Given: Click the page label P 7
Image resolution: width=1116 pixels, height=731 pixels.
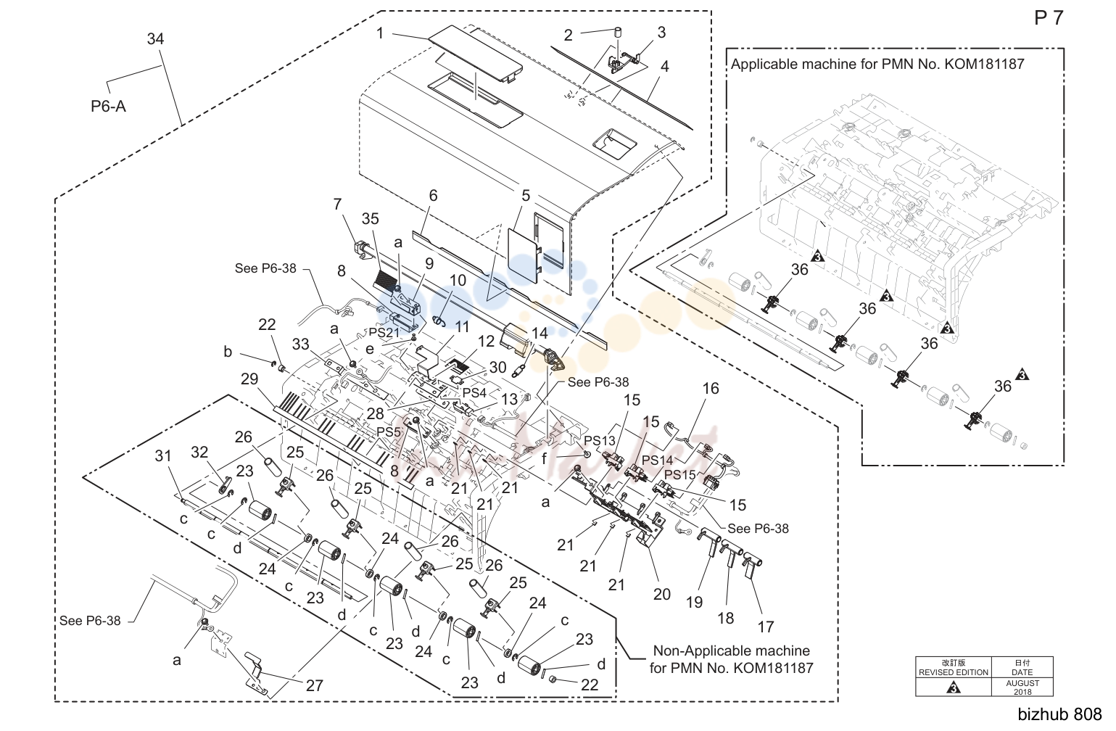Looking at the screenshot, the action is point(1049,18).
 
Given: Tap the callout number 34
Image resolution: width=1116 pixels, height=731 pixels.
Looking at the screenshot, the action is point(155,39).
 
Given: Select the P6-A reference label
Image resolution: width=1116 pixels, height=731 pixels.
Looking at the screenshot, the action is point(108,106).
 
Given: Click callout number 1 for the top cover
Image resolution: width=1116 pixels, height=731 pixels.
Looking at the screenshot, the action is point(380,33).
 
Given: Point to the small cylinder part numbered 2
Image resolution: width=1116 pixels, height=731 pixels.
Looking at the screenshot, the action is point(619,33).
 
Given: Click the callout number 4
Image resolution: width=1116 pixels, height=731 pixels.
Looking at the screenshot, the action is point(665,67).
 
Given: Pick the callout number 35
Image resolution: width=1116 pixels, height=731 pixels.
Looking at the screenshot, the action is point(370,219).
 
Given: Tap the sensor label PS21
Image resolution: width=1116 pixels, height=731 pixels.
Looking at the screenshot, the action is point(384,332).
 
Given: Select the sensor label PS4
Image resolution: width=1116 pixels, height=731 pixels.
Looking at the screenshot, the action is point(474,392).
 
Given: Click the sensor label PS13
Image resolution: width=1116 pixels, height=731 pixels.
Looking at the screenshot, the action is point(600,440).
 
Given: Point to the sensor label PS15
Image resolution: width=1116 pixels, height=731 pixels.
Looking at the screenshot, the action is point(680,474).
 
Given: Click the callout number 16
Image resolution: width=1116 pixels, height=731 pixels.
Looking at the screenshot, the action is point(711,389).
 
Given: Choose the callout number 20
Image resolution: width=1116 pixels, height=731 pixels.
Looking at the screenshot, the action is point(661,594).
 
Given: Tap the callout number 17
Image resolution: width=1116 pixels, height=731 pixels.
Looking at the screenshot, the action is point(766,627).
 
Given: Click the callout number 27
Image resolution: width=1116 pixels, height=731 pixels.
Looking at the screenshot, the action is point(315,685).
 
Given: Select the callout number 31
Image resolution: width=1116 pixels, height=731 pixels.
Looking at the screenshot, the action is point(163,456).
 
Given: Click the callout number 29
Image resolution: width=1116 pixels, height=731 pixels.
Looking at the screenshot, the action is point(249,379).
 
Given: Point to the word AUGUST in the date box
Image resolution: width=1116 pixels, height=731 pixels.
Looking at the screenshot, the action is point(1022,683).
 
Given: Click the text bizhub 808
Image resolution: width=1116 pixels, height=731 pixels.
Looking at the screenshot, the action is point(1059,714).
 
